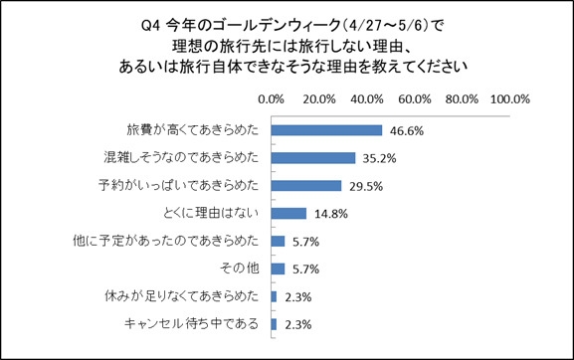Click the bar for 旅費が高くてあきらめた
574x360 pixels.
(326, 129)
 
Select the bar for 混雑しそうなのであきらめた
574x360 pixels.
(312, 157)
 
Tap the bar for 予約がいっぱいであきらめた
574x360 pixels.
(305, 185)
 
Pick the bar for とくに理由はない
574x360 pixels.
(287, 213)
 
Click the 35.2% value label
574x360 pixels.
(378, 157)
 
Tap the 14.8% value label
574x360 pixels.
(328, 213)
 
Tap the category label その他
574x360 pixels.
(240, 269)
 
